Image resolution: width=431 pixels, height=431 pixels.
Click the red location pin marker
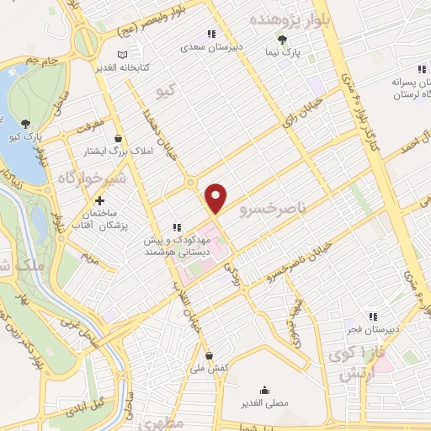(x=216, y=197)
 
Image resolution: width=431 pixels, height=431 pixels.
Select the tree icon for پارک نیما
(x=283, y=39)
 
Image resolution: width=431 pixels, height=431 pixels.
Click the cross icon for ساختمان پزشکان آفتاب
(x=100, y=201)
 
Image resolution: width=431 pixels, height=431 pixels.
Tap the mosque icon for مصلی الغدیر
(x=266, y=390)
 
